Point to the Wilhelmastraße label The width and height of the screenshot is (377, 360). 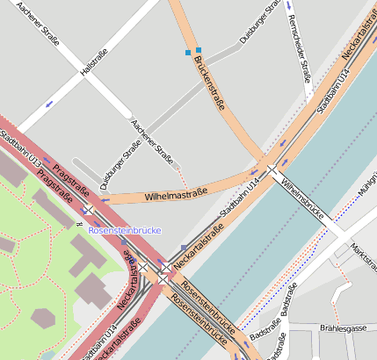175,193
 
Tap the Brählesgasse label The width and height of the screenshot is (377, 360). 344,327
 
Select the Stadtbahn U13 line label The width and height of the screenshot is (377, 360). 21,149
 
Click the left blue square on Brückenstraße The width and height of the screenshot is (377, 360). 187,53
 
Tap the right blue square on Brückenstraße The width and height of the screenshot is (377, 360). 199,50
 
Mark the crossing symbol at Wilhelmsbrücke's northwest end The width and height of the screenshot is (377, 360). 272,169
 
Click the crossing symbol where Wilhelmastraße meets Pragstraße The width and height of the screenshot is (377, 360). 89,209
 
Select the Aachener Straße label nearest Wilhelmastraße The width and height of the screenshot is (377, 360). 152,141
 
